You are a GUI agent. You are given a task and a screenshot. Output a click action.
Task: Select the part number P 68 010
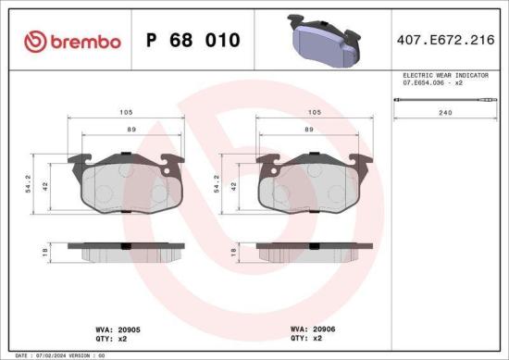click(x=192, y=41)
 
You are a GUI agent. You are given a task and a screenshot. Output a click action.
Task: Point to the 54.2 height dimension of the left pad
click(x=29, y=185)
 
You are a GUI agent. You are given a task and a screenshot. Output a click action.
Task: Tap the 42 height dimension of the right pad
click(x=234, y=185)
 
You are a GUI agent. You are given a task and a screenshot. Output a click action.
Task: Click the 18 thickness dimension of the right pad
click(x=234, y=250)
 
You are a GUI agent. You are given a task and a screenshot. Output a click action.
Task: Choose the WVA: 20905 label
click(x=117, y=328)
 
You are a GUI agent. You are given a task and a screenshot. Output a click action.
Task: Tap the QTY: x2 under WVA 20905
click(x=110, y=338)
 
